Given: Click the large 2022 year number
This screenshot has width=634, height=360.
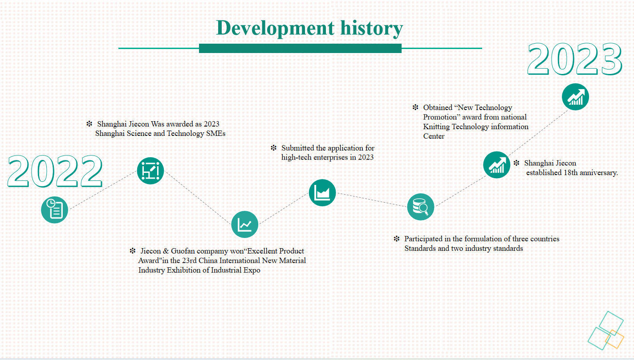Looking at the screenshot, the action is click(55, 172).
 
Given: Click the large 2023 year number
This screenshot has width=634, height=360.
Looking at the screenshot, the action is click(574, 59).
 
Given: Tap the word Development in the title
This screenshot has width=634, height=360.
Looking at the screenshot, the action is click(275, 29).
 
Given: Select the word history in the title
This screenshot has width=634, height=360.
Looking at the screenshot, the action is click(372, 29).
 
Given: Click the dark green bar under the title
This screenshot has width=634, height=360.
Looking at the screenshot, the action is click(300, 48).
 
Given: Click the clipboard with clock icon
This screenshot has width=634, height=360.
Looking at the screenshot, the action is click(54, 209).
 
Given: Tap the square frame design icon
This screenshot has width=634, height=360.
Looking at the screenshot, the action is click(150, 171).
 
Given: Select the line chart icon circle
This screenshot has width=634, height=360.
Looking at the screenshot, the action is click(244, 224).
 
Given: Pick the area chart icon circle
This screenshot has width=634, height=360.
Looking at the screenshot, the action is click(322, 192).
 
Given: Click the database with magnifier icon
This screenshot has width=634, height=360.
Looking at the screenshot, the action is click(421, 207).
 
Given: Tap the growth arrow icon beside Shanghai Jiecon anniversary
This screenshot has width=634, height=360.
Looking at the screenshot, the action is click(497, 165).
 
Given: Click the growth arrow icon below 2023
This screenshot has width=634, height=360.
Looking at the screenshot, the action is click(575, 97).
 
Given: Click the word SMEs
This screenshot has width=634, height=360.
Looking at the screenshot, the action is click(215, 133).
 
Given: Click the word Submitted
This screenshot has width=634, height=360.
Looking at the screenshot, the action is click(297, 148).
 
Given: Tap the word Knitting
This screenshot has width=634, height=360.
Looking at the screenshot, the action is click(436, 127).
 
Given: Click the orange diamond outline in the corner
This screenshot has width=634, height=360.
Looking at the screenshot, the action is click(614, 339).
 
